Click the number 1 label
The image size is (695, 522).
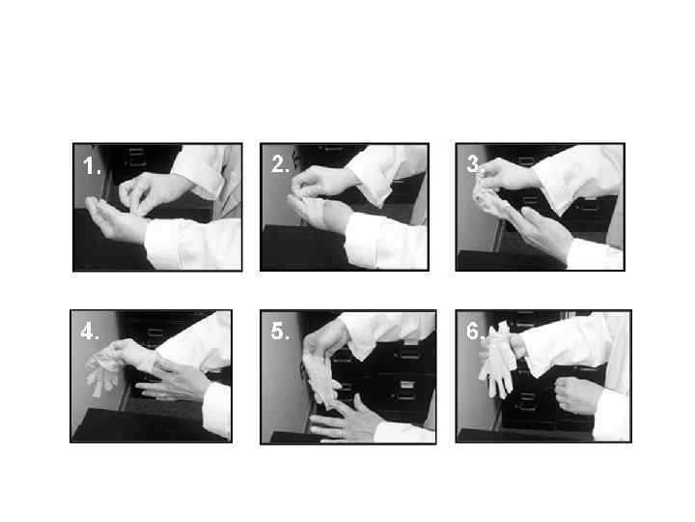click(x=92, y=165)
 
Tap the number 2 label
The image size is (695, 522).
click(x=280, y=164)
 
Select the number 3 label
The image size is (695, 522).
click(x=473, y=163)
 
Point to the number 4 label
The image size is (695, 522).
click(x=90, y=332)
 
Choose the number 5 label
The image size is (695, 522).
click(x=280, y=332)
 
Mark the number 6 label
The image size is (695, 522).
click(x=475, y=331)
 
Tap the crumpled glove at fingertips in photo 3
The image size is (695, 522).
click(x=487, y=197)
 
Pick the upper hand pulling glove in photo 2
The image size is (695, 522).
click(x=323, y=181)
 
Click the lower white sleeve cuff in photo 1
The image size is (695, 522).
click(x=193, y=244)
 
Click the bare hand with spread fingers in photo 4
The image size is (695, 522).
click(x=175, y=381)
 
